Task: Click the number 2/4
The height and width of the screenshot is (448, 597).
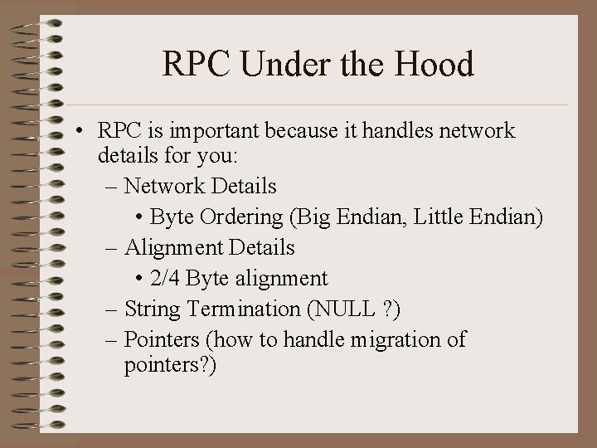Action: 166,279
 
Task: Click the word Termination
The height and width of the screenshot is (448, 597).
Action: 245,309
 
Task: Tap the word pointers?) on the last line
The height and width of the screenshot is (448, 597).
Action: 170,366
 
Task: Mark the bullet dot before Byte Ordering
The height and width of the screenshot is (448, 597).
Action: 140,218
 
